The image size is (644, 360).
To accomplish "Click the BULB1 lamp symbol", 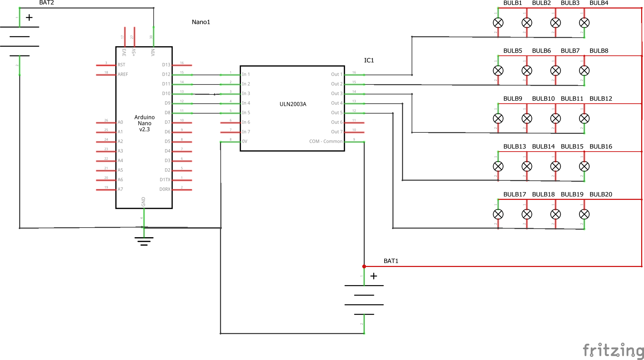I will click(498, 23).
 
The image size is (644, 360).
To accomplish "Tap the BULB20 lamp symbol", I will click(584, 214).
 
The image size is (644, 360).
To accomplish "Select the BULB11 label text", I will click(572, 99).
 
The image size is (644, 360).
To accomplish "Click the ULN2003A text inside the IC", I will click(293, 104).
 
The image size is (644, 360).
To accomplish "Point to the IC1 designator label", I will click(369, 60).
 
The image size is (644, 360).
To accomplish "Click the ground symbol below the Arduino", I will click(144, 241).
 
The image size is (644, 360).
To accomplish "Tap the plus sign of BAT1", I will click(374, 276).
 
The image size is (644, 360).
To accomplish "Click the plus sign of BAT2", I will click(29, 17).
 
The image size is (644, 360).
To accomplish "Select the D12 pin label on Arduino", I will click(166, 75).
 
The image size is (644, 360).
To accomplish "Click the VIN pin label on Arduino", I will click(153, 52).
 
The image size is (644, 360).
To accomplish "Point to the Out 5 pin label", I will click(337, 113).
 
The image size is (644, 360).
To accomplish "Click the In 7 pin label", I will click(246, 132).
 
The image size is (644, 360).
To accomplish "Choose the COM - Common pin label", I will click(326, 141).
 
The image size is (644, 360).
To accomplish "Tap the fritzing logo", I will click(613, 350).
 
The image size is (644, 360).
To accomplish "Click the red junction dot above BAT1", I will click(364, 266).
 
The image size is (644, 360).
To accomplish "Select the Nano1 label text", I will click(201, 22).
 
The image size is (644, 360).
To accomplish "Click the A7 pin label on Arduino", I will click(120, 189).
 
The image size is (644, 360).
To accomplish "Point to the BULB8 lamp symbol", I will click(584, 71).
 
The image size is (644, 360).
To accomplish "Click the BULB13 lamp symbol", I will click(498, 166).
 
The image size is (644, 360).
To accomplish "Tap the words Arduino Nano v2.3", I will click(144, 123).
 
